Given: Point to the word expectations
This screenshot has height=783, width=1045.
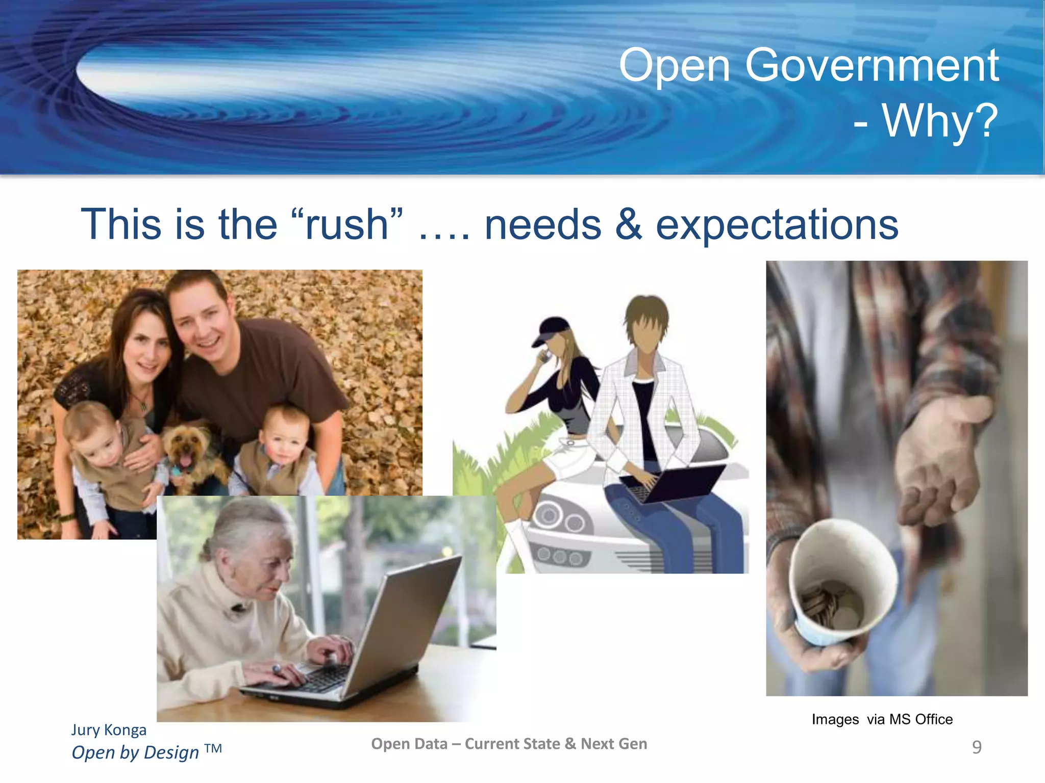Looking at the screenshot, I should [x=777, y=225].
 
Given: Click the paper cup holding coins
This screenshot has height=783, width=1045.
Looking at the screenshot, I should [x=837, y=586].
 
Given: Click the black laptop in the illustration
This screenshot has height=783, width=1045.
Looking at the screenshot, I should [x=674, y=482].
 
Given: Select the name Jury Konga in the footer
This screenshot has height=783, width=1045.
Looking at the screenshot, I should [x=109, y=730].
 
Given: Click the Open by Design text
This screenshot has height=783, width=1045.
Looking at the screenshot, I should [x=136, y=752].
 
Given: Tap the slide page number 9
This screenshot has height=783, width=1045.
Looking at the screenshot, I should [x=977, y=747].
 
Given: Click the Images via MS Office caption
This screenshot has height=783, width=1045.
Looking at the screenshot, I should [x=882, y=719].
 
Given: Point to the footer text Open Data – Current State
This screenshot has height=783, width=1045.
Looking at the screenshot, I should [x=509, y=744].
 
